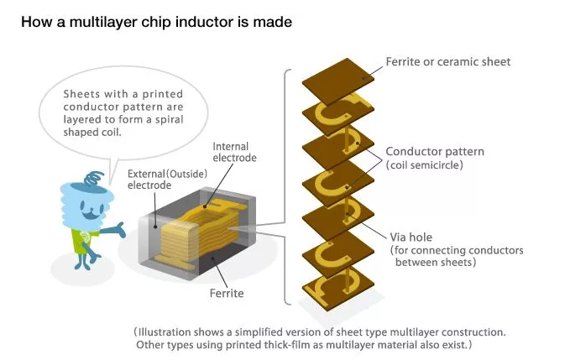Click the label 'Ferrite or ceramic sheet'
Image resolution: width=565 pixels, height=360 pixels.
tap(447, 61)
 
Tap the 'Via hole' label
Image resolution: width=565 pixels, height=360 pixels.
tap(409, 237)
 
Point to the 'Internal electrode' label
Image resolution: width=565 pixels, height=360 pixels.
tap(233, 152)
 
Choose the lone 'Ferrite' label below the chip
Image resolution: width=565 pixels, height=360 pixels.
tap(227, 294)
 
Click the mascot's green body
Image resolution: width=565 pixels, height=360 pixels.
tap(85, 238)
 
